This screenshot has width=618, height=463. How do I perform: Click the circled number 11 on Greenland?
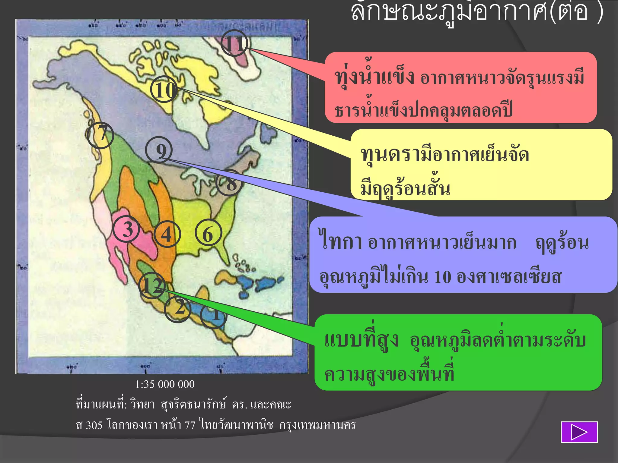(x=234, y=43)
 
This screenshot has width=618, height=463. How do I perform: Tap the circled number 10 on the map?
(x=164, y=90)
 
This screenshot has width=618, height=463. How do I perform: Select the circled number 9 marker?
(x=159, y=150)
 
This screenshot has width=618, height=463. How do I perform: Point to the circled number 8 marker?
(x=230, y=183)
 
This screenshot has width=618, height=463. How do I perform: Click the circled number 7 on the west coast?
(x=100, y=135)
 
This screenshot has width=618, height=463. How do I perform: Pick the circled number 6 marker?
(x=208, y=234)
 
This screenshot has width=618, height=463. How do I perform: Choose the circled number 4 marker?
(x=167, y=234)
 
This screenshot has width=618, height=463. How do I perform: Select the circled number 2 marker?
(x=178, y=309)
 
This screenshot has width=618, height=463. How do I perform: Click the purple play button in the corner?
(x=579, y=432)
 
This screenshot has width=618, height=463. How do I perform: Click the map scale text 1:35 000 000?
(x=165, y=384)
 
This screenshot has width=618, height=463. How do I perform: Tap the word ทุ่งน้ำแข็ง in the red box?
(x=374, y=77)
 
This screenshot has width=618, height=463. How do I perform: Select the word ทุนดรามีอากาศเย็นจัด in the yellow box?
(x=445, y=155)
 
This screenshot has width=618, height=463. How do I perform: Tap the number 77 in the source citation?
(x=190, y=425)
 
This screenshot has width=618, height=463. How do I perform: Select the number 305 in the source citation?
(x=94, y=425)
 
